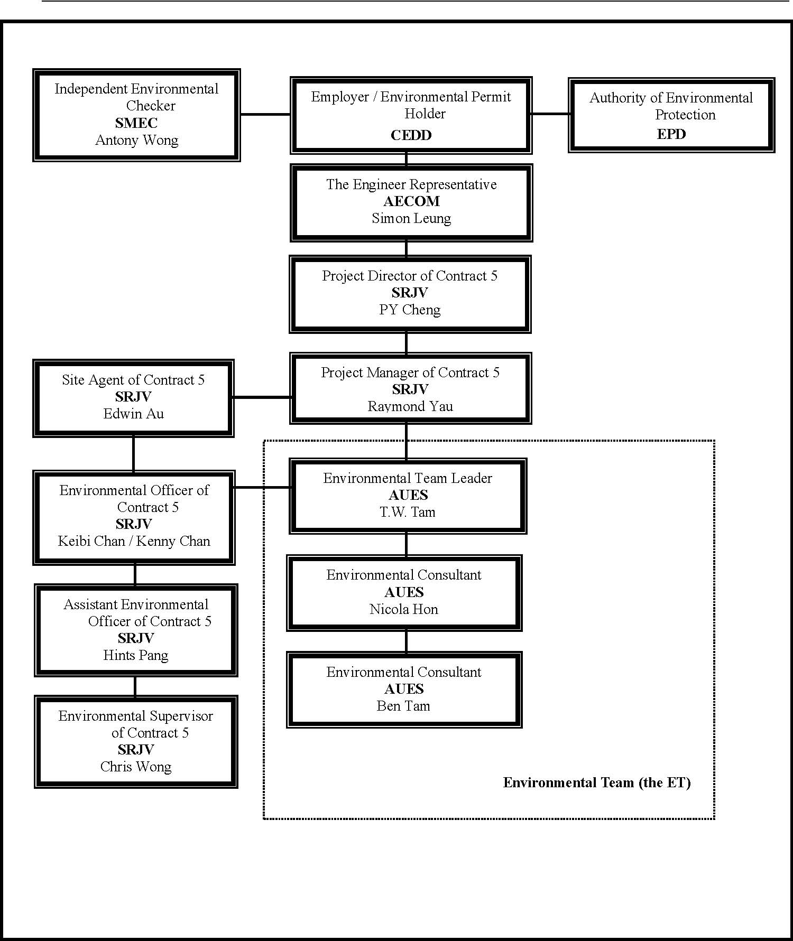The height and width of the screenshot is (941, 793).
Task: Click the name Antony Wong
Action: [x=137, y=141]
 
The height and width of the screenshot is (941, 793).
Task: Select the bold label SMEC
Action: [x=136, y=123]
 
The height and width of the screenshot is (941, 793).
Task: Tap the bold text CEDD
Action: [x=411, y=135]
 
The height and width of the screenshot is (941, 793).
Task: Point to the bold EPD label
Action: [x=671, y=134]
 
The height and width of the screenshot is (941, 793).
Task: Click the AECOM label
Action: [x=412, y=201]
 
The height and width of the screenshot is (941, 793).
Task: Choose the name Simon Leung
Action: [x=412, y=219]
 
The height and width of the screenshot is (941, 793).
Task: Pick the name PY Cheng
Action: [x=410, y=310]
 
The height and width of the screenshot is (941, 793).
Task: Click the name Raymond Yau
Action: [x=410, y=406]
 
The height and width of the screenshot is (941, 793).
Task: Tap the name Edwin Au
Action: [x=134, y=414]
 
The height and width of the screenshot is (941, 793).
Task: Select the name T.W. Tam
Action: [x=408, y=512]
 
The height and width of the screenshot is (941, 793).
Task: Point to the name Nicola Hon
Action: [x=404, y=609]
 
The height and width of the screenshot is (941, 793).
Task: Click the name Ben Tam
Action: [x=403, y=706]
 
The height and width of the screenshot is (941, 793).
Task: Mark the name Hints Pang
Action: [x=136, y=656]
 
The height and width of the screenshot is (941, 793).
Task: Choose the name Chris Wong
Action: [x=136, y=767]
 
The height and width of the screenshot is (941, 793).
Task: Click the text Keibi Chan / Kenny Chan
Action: [x=134, y=542]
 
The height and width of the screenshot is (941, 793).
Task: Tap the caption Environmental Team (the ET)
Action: [x=597, y=783]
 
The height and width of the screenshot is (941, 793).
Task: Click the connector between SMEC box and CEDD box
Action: [x=265, y=114]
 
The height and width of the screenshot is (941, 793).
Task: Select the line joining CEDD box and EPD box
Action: [x=550, y=114]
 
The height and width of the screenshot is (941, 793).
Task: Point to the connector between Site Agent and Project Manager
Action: [x=262, y=397]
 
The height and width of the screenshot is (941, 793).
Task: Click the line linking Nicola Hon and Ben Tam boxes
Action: [x=406, y=641]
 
